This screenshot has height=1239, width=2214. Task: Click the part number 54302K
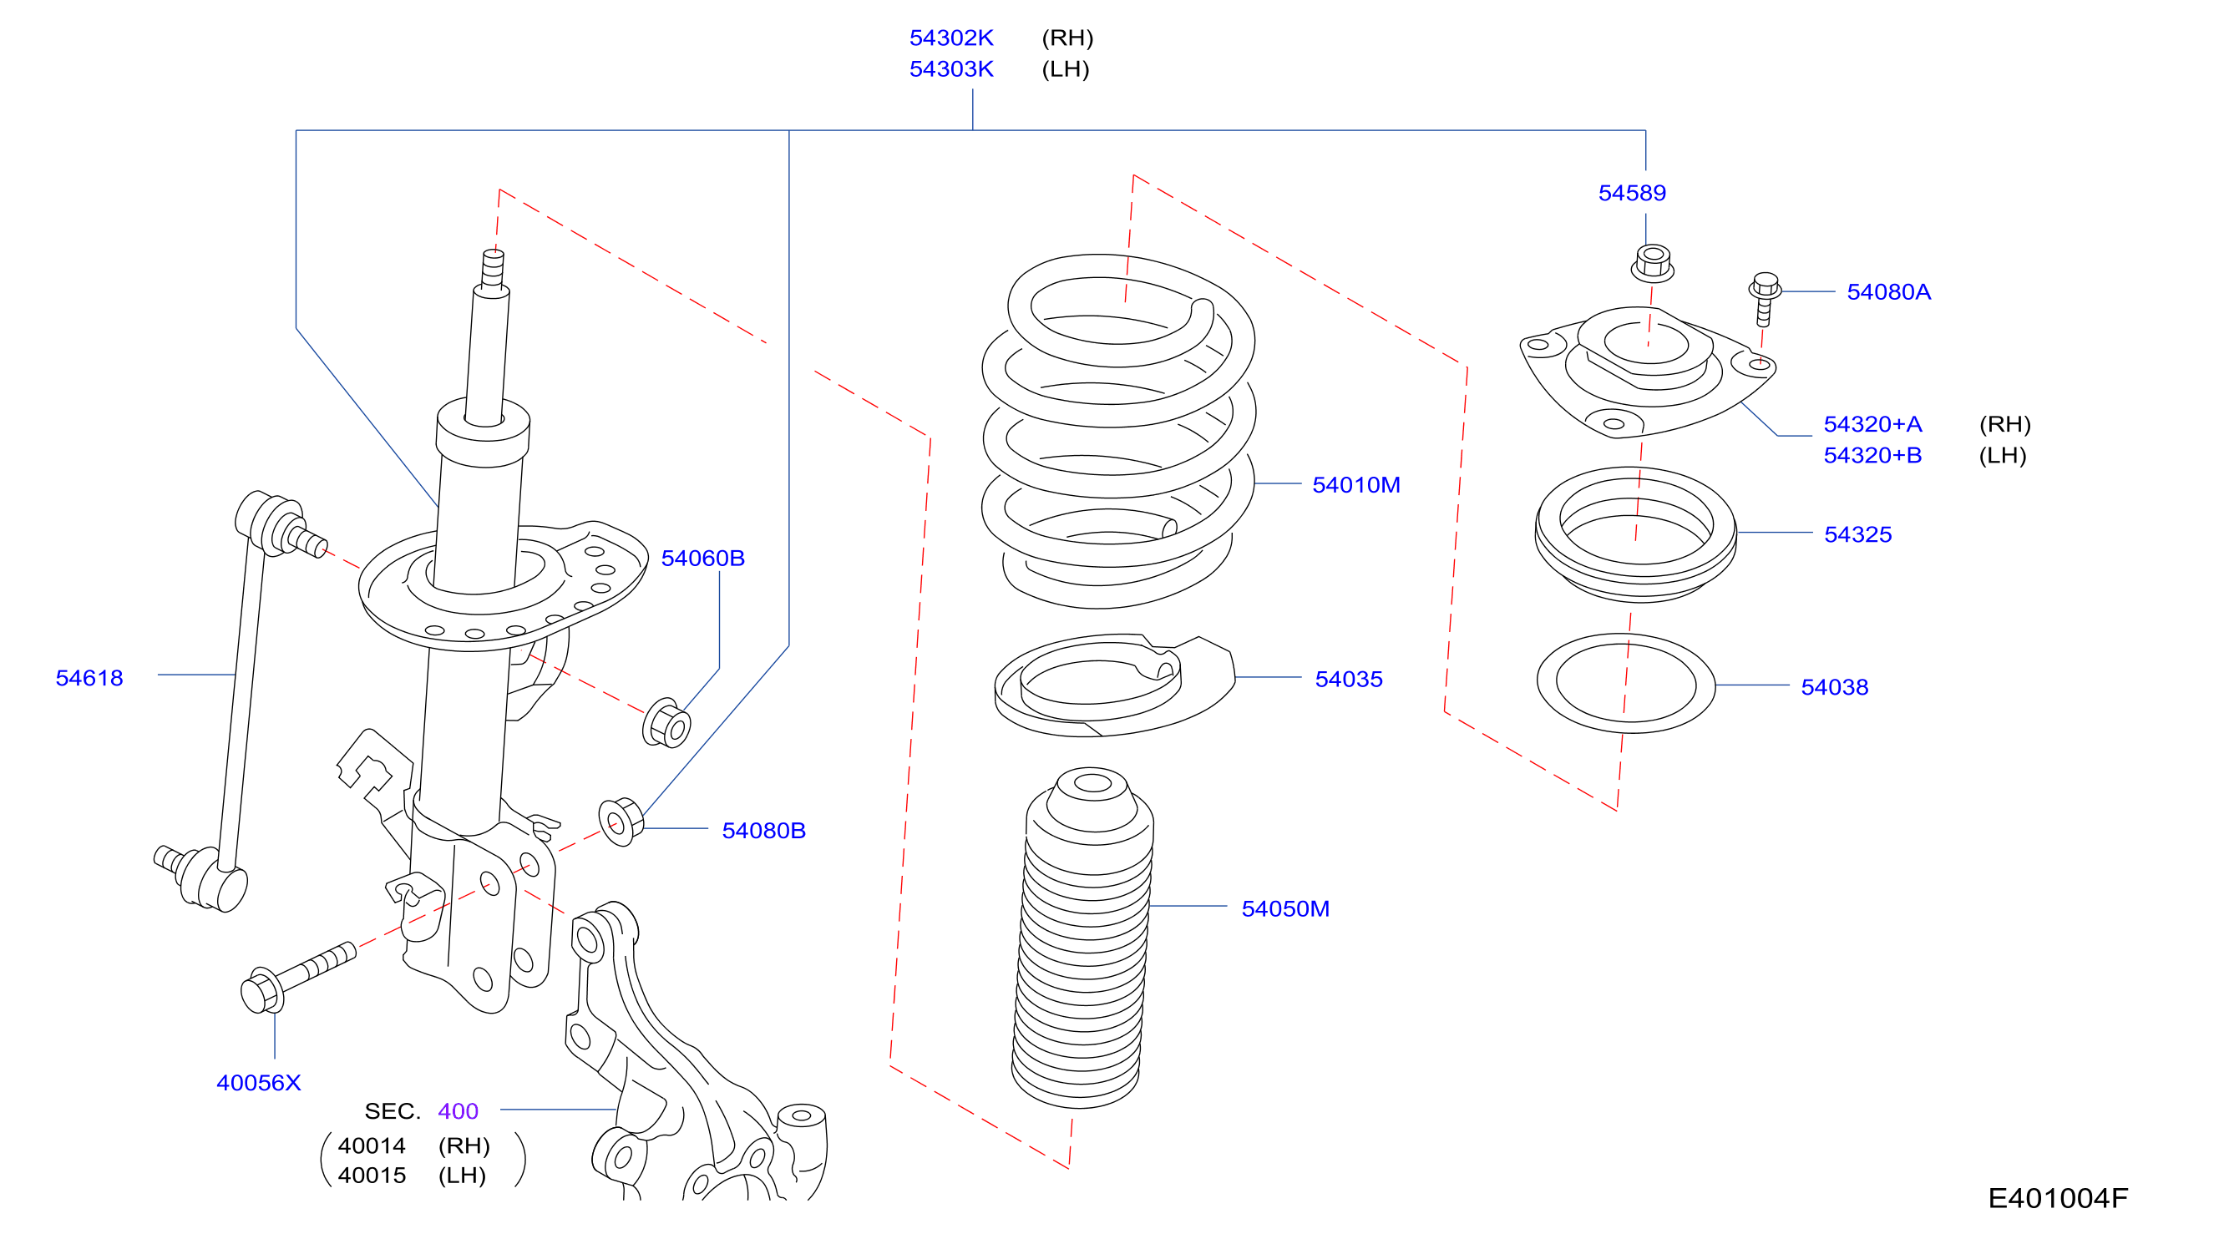(950, 38)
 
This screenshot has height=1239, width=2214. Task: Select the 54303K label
(950, 68)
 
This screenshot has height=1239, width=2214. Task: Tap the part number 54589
(1631, 193)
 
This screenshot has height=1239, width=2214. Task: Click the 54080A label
(1888, 292)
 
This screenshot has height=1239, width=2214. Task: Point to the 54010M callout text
(1355, 484)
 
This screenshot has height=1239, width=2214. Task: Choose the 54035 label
(1349, 679)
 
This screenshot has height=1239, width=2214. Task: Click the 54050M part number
(1285, 908)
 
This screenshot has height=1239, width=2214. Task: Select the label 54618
(89, 678)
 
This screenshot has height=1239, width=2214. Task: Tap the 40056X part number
(259, 1083)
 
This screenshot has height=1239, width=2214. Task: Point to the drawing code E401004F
(2058, 1198)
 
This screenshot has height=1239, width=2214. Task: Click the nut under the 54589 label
(1652, 263)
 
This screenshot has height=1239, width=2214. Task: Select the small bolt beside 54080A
(1765, 299)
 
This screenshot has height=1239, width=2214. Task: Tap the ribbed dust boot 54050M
(1083, 938)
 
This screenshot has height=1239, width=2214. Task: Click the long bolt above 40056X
(297, 978)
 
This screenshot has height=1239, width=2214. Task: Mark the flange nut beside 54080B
(621, 822)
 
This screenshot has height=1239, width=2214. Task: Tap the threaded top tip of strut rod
(494, 269)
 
